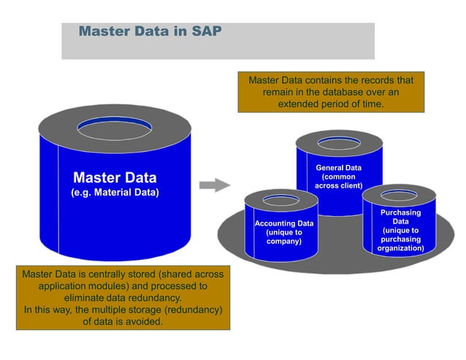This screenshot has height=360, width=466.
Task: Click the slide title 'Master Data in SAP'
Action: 150,32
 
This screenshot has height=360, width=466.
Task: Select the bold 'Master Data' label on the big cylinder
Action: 115,177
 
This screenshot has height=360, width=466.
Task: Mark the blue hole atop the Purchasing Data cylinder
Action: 400,195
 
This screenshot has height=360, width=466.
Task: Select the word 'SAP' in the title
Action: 207,32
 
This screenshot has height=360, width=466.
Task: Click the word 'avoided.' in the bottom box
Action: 144,321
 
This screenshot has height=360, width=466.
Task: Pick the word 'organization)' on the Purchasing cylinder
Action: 400,248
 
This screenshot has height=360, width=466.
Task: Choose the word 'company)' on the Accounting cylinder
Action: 283,240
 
